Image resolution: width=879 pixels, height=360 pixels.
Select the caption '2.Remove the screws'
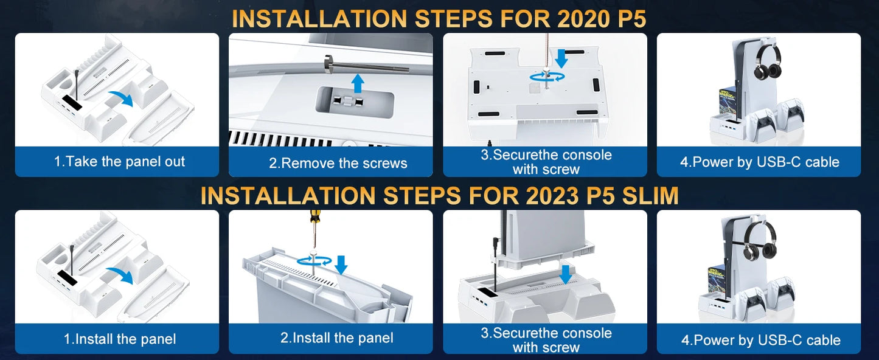pos(338,163)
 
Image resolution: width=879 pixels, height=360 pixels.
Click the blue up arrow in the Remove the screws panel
pos(358,84)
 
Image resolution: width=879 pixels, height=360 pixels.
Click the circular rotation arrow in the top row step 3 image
pos(546,77)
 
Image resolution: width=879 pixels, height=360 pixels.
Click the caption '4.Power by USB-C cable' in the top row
pos(759,162)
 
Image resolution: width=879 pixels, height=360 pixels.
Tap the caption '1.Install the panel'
pos(120,339)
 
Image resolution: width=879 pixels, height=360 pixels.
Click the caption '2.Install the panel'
pos(336,338)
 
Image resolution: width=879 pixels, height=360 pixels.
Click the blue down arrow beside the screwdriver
pos(341,264)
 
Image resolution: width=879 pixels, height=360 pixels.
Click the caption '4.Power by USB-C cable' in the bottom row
pos(760,340)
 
